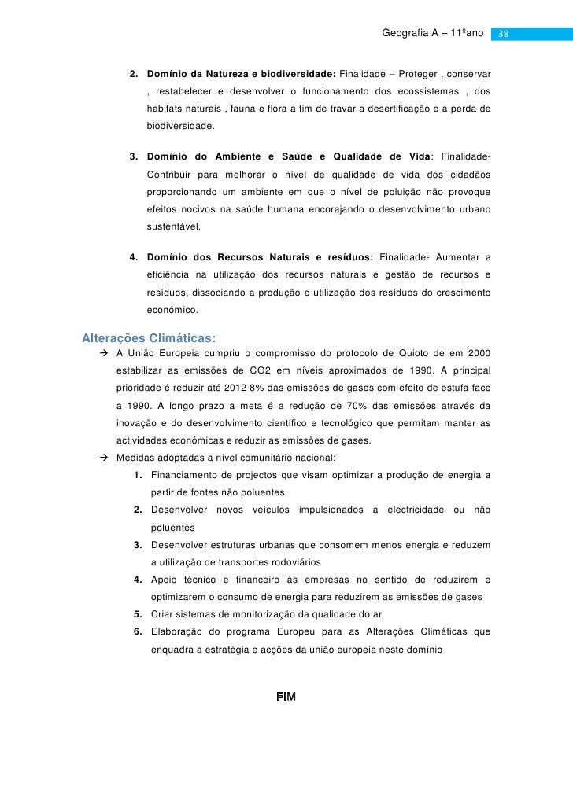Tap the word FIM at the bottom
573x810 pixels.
pyautogui.click(x=286, y=698)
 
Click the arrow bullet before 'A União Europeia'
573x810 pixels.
pyautogui.click(x=104, y=355)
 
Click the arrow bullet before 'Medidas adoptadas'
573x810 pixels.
pyautogui.click(x=104, y=458)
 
